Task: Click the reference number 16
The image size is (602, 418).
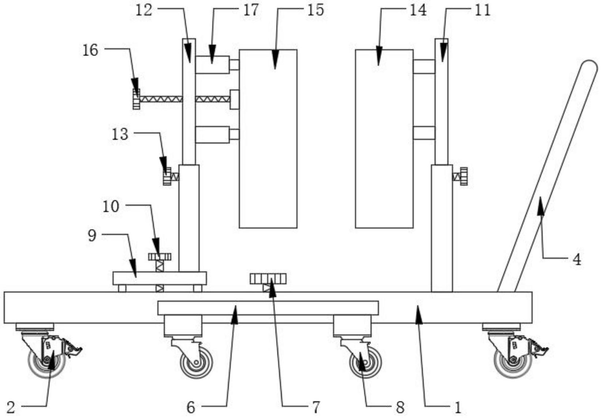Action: (x=90, y=50)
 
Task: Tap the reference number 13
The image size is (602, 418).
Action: (x=120, y=134)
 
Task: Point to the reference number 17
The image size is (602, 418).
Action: (x=251, y=10)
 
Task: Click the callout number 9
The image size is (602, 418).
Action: (x=92, y=236)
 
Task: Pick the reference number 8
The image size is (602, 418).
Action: (x=400, y=407)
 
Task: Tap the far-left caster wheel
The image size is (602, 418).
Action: (x=47, y=362)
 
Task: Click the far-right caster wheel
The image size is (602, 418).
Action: (x=513, y=362)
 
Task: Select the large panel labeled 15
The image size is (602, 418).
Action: (x=268, y=139)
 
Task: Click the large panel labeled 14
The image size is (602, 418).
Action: (x=384, y=139)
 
